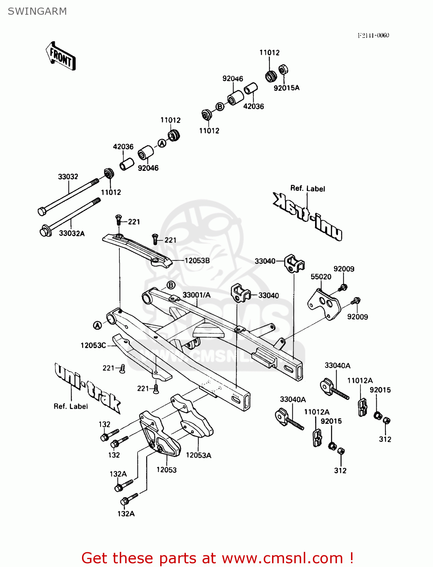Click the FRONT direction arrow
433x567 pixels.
(60, 56)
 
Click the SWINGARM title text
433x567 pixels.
(37, 11)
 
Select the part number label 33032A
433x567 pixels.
(72, 234)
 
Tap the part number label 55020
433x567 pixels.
(321, 277)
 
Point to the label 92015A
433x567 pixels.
(286, 88)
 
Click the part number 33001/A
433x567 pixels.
(196, 295)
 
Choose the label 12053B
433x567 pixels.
(197, 260)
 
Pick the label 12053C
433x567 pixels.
(93, 345)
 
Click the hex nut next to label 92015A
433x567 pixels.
(283, 70)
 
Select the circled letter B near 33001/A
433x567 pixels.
(171, 285)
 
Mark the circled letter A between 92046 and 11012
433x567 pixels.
(162, 143)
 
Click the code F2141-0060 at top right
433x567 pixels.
(373, 36)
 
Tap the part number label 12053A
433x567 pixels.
(198, 455)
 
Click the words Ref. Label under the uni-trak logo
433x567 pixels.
(71, 406)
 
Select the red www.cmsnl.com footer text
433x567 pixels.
(217, 558)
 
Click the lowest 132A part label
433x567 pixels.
(126, 514)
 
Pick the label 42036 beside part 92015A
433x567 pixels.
(254, 107)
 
